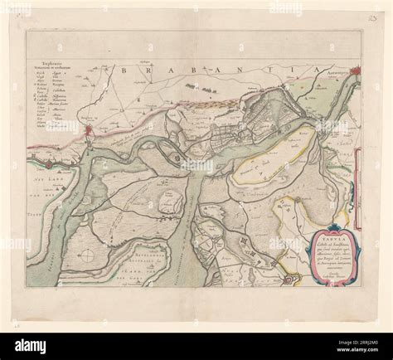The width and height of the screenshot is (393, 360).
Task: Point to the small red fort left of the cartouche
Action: (x=287, y=280)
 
